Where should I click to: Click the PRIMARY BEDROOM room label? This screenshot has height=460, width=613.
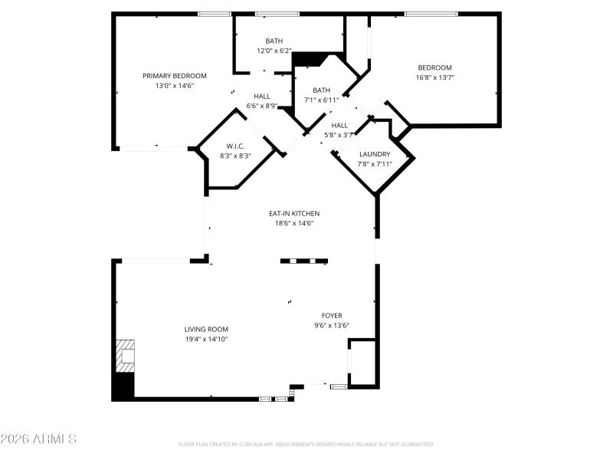click(x=175, y=75)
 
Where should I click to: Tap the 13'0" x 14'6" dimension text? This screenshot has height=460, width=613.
click(x=175, y=86)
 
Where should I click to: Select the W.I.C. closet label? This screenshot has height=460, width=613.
click(x=235, y=146)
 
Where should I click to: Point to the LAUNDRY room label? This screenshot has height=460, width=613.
click(x=375, y=154)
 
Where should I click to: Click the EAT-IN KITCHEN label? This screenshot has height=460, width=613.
click(x=294, y=213)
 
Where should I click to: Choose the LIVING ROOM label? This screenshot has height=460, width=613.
click(x=206, y=329)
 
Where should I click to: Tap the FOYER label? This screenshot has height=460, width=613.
click(x=332, y=315)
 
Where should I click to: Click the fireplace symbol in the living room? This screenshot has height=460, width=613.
click(x=124, y=355)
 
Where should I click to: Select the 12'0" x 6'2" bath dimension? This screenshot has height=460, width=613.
click(x=274, y=51)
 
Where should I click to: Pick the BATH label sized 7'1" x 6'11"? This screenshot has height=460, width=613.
click(x=321, y=90)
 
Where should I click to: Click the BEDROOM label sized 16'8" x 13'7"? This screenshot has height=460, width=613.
click(x=434, y=67)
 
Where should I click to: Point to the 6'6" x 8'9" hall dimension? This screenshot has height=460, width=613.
click(x=262, y=106)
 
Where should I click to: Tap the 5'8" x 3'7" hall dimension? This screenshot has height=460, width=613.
click(x=339, y=135)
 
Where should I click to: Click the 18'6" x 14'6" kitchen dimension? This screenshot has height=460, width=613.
click(x=294, y=223)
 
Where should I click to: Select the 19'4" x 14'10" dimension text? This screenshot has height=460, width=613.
click(x=206, y=339)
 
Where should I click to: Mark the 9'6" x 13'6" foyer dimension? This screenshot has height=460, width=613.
click(x=332, y=325)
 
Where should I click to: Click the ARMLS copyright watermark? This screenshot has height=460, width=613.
click(x=38, y=439)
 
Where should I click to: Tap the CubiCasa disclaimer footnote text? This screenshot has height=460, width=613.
click(x=306, y=445)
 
